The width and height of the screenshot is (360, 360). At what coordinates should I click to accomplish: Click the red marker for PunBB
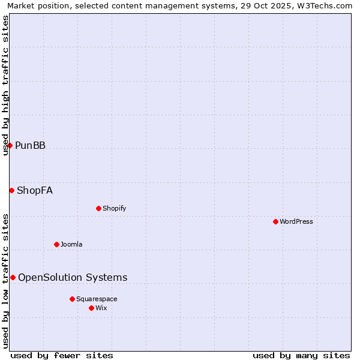coord(10,145)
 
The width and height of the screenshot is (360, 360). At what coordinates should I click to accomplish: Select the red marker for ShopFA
coord(11,190)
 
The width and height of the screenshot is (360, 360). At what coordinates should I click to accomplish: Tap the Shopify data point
coord(98,208)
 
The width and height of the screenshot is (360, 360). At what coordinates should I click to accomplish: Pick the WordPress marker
coord(275,221)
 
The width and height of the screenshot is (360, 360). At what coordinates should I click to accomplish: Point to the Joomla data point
coord(56,244)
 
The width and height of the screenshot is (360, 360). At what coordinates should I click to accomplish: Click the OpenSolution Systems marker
coord(13,277)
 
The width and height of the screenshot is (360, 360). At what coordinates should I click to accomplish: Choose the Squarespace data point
coord(72,299)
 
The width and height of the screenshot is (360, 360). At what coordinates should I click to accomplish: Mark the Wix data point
coord(91,308)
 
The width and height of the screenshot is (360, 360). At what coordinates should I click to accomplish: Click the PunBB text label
coord(30,145)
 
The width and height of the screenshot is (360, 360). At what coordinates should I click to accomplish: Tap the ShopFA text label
coord(35,191)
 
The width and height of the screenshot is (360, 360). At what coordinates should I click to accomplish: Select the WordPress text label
coord(296,221)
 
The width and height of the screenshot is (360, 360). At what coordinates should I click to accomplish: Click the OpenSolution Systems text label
coord(73,277)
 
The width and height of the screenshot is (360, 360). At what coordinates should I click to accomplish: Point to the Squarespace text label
coord(97,299)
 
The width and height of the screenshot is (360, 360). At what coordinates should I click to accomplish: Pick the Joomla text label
coord(71,244)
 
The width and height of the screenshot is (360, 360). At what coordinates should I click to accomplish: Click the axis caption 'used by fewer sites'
coord(62,355)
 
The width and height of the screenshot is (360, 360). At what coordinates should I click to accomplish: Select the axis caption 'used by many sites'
coord(301,355)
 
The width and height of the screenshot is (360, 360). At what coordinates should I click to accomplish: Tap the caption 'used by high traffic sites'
coord(5,86)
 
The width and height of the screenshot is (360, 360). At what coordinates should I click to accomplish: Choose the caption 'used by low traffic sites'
coord(5,281)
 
